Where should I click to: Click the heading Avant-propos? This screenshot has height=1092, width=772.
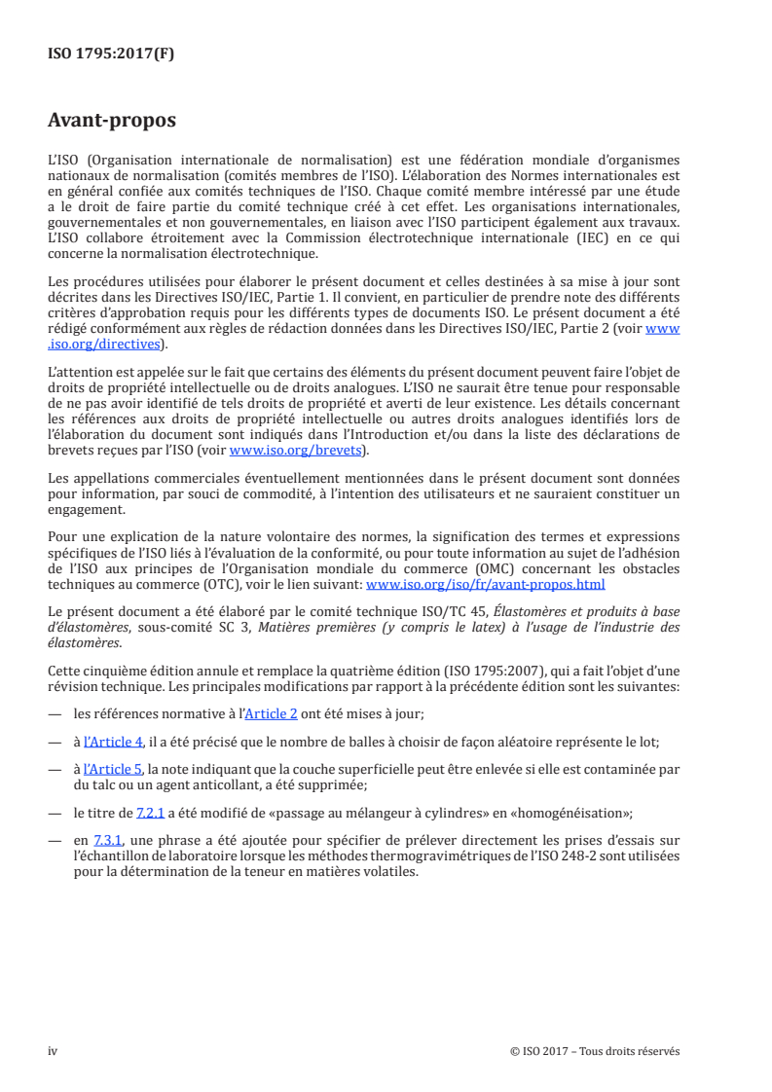click(112, 122)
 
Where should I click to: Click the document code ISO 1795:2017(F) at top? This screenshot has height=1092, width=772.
click(111, 54)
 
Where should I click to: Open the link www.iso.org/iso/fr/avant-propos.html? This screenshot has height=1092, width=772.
click(485, 586)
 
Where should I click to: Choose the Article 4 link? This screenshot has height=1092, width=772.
click(113, 742)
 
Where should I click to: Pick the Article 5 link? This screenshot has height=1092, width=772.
click(113, 770)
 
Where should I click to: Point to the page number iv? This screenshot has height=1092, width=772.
click(53, 1051)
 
